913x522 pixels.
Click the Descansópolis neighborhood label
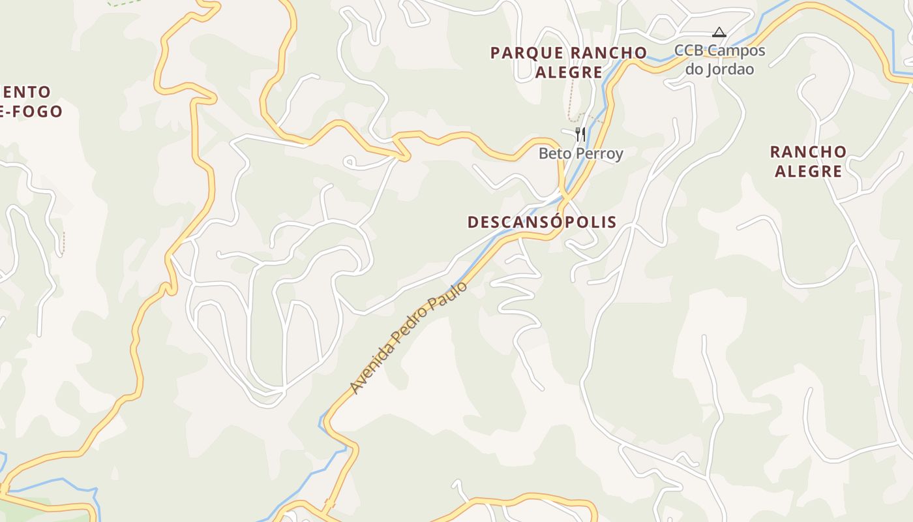pos(542,222)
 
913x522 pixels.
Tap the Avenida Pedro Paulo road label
pos(409,337)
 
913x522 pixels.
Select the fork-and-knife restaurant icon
pos(580,134)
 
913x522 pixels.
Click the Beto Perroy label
pos(580,154)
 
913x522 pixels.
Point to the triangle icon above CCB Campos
pos(719,32)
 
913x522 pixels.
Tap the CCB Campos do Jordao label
pos(720,59)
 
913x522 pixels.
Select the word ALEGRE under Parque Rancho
pos(569,72)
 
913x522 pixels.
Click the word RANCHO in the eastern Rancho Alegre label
pos(808,152)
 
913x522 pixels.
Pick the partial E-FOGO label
pos(31,112)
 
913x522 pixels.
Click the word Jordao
pos(729,69)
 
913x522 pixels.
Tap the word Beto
pos(552,154)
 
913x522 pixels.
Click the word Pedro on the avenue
pos(415,330)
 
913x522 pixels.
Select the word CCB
pos(689,50)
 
